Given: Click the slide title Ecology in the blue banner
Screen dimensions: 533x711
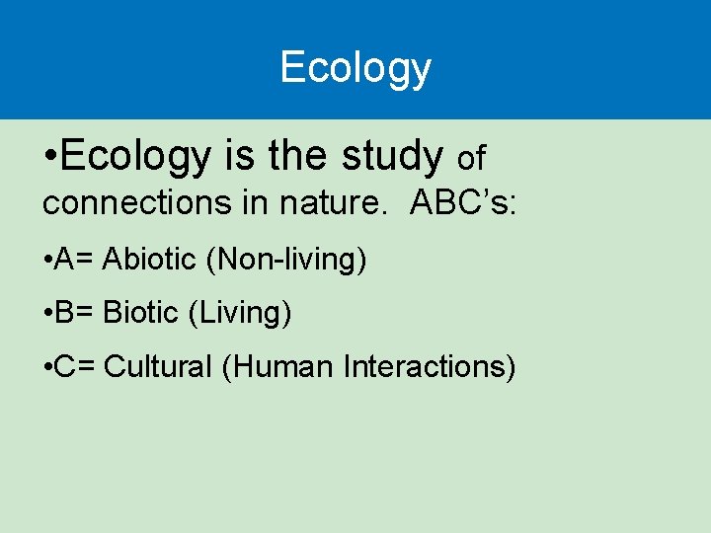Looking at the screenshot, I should [355, 68].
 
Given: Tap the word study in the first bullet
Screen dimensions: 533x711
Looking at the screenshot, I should [391, 156].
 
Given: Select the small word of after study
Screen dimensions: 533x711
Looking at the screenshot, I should [472, 157].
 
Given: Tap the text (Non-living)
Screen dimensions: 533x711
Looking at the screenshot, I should [286, 260].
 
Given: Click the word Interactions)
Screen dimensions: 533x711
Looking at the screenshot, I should [430, 367].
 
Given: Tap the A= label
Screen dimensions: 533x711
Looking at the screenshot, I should [74, 260].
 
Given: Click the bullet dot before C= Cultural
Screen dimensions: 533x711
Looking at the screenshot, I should [48, 368].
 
